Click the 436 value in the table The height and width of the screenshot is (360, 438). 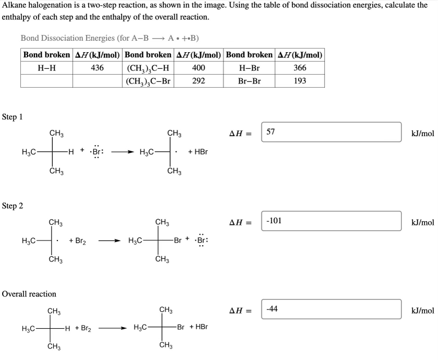pos(97,68)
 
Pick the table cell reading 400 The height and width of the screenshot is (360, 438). pos(198,68)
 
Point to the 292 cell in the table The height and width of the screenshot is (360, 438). pos(198,81)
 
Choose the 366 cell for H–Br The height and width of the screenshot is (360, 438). pos(300,68)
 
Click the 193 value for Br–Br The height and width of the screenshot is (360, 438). pos(300,81)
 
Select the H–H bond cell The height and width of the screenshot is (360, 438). pos(46,68)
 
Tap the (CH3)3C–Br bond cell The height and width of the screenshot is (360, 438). pos(148,81)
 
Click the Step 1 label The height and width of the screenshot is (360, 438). pos(13,117)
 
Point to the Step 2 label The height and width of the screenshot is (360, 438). pos(13,206)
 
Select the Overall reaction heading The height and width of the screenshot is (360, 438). pos(29,294)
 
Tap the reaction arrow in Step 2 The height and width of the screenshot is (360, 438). pos(110,241)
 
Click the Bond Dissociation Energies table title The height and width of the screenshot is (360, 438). pos(110,38)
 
